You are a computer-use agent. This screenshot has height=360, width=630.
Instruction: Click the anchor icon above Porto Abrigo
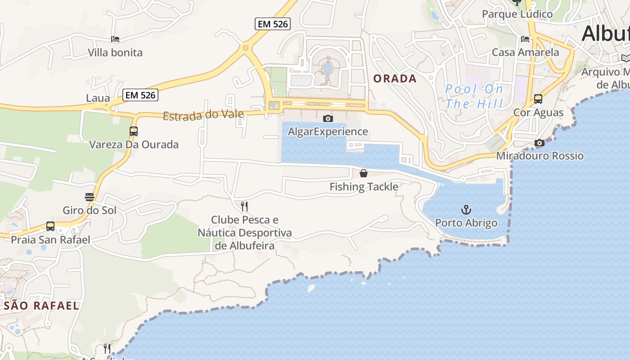[x=466, y=210]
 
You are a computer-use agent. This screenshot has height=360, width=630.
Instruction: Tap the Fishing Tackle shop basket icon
[x=364, y=173]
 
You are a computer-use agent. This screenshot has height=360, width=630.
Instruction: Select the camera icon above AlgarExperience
[x=328, y=118]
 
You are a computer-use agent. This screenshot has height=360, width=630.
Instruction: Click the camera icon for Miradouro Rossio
[x=540, y=143]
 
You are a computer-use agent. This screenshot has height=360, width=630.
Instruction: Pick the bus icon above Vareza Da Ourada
[x=134, y=131]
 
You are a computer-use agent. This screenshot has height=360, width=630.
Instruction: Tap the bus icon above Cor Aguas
[x=538, y=99]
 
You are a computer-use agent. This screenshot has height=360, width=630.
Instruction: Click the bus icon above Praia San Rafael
[x=50, y=226]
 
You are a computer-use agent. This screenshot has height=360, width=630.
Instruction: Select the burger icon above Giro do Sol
[x=89, y=197]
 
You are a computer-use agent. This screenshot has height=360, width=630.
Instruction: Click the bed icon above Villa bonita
[x=115, y=40]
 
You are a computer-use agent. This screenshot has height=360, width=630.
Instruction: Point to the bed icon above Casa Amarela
[x=525, y=39]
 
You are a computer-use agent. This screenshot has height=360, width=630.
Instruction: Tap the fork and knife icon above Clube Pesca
[x=244, y=207]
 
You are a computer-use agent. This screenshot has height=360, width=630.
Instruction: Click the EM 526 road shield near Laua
[x=140, y=95]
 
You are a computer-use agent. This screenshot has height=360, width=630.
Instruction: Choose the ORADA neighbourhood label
[x=395, y=79]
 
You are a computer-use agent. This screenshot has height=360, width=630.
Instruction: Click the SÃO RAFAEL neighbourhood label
[x=41, y=306]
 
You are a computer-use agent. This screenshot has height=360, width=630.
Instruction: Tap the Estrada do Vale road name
[x=203, y=115]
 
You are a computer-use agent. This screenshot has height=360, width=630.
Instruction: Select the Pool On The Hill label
[x=474, y=96]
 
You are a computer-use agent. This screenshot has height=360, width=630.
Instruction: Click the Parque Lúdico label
[x=517, y=14]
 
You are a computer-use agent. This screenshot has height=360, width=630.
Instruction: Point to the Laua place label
[x=98, y=98]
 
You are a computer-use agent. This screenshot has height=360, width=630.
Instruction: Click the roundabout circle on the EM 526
[x=245, y=47]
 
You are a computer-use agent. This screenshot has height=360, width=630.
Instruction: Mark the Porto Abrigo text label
[x=466, y=223]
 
